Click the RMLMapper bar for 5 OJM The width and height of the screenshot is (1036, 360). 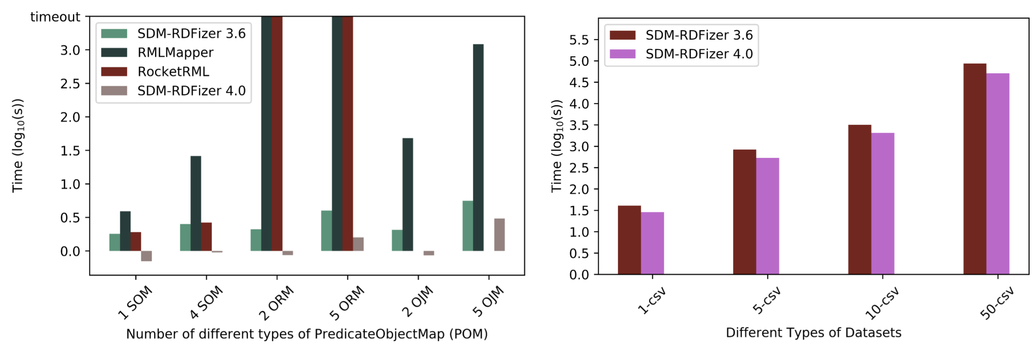[478, 147]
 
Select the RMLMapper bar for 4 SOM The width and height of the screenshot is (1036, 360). [196, 203]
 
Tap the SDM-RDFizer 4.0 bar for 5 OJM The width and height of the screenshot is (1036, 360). [499, 234]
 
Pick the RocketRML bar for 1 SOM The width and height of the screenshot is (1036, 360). [136, 241]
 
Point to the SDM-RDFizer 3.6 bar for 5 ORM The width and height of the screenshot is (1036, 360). [326, 230]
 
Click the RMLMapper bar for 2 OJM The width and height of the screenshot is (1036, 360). [407, 194]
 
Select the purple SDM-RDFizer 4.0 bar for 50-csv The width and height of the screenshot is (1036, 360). [997, 174]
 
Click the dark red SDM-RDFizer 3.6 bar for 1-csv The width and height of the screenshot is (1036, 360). [629, 240]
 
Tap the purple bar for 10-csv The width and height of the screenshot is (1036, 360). [882, 203]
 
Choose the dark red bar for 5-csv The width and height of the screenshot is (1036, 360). [744, 212]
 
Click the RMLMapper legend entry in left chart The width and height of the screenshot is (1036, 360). [175, 53]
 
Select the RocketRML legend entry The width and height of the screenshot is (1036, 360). [173, 72]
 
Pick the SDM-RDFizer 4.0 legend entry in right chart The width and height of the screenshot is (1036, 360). [699, 54]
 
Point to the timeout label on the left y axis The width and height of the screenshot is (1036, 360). [55, 17]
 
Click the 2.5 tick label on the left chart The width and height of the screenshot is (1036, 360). [70, 84]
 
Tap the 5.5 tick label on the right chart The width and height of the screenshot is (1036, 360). [579, 40]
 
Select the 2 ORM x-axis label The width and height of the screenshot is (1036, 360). [276, 303]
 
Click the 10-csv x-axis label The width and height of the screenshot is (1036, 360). [882, 304]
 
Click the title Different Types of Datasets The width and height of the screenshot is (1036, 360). [813, 333]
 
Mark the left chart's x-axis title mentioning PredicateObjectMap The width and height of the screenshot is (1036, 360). [307, 334]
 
